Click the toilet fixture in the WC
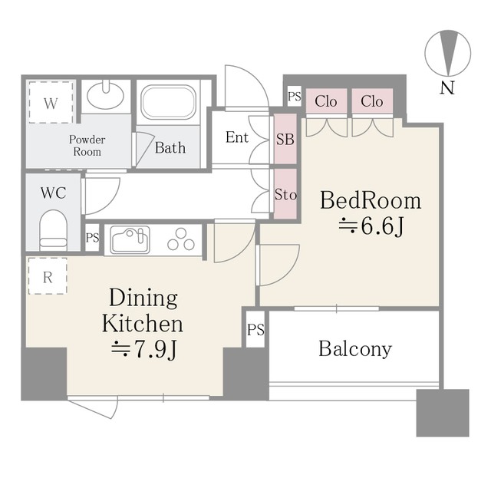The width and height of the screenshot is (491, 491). click(53, 230)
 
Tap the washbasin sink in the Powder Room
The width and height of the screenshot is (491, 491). click(105, 94)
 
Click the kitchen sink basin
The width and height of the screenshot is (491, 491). click(130, 240)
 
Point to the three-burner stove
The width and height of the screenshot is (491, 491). click(181, 239)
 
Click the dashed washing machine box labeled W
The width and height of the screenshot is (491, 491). click(51, 102)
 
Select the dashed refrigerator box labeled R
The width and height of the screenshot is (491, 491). click(48, 276)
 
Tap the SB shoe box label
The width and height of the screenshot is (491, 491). click(285, 139)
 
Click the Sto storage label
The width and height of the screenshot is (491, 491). click(285, 194)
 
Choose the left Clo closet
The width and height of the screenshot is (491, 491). click(326, 101)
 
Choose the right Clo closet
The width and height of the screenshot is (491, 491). click(372, 101)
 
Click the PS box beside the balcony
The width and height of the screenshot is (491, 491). click(255, 329)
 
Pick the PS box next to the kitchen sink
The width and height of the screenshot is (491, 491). click(92, 237)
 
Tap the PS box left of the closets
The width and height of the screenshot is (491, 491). click(295, 96)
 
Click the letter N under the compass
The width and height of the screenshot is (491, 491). click(447, 88)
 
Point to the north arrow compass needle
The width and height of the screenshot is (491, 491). click(448, 53)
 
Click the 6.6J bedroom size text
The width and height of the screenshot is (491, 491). click(371, 226)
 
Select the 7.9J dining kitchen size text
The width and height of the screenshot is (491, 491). click(145, 348)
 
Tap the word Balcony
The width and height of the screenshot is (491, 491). click(355, 349)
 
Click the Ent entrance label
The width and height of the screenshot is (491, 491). click(237, 137)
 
